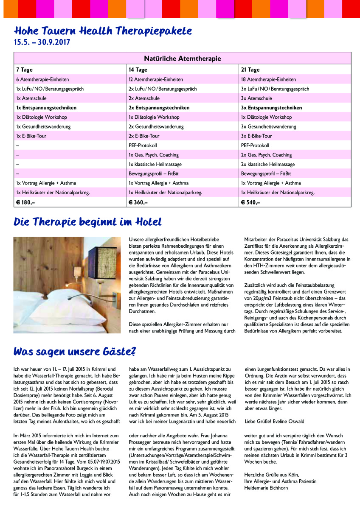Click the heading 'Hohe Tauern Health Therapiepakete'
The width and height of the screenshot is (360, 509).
click(103, 31)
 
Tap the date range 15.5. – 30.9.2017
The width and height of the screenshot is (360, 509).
click(42, 42)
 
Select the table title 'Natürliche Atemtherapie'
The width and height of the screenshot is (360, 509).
click(182, 59)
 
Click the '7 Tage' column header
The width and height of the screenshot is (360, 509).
click(24, 70)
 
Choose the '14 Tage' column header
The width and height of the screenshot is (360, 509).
click(138, 70)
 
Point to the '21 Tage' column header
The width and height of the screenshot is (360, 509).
click(250, 70)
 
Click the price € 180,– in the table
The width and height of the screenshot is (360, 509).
click(25, 202)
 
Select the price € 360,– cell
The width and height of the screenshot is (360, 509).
click(138, 202)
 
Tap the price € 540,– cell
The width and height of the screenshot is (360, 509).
click(250, 202)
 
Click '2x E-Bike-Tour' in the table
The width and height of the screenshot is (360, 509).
click(144, 136)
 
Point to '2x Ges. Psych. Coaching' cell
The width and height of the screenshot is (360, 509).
click(266, 155)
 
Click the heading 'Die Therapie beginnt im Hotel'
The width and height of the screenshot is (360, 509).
click(88, 222)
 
